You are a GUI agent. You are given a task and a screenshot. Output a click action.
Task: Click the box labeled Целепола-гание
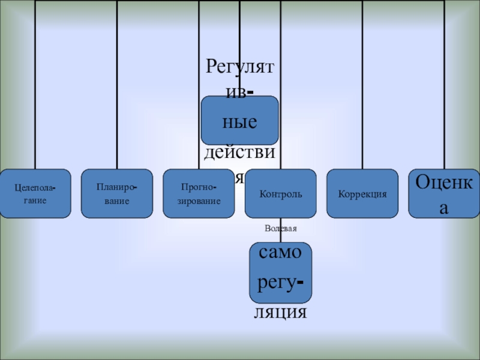pyautogui.click(x=35, y=193)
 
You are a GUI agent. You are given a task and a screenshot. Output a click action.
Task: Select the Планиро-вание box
pyautogui.click(x=117, y=193)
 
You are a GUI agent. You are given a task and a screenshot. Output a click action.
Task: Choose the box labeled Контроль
pyautogui.click(x=281, y=194)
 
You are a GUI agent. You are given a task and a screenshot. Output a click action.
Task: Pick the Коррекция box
pyautogui.click(x=362, y=193)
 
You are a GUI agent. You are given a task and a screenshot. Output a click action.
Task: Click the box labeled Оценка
pyautogui.click(x=444, y=193)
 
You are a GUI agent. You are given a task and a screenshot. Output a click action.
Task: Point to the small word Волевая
pyautogui.click(x=281, y=229)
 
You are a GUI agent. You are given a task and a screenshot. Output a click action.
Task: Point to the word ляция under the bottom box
pyautogui.click(x=281, y=313)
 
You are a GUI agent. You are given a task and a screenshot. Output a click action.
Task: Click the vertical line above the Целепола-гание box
pyautogui.click(x=35, y=84)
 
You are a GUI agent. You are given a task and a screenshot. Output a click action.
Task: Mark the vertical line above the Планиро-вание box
pyautogui.click(x=117, y=84)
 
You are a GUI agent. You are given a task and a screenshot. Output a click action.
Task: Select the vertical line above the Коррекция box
pyautogui.click(x=362, y=84)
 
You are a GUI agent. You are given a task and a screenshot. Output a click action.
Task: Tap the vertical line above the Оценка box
pyautogui.click(x=445, y=84)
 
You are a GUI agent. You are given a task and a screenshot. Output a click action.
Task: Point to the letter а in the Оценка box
pyautogui.click(x=444, y=207)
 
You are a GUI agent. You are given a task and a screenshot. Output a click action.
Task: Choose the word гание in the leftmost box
pyautogui.click(x=35, y=200)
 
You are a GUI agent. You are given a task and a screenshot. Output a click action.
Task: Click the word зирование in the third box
pyautogui.click(x=199, y=200)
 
